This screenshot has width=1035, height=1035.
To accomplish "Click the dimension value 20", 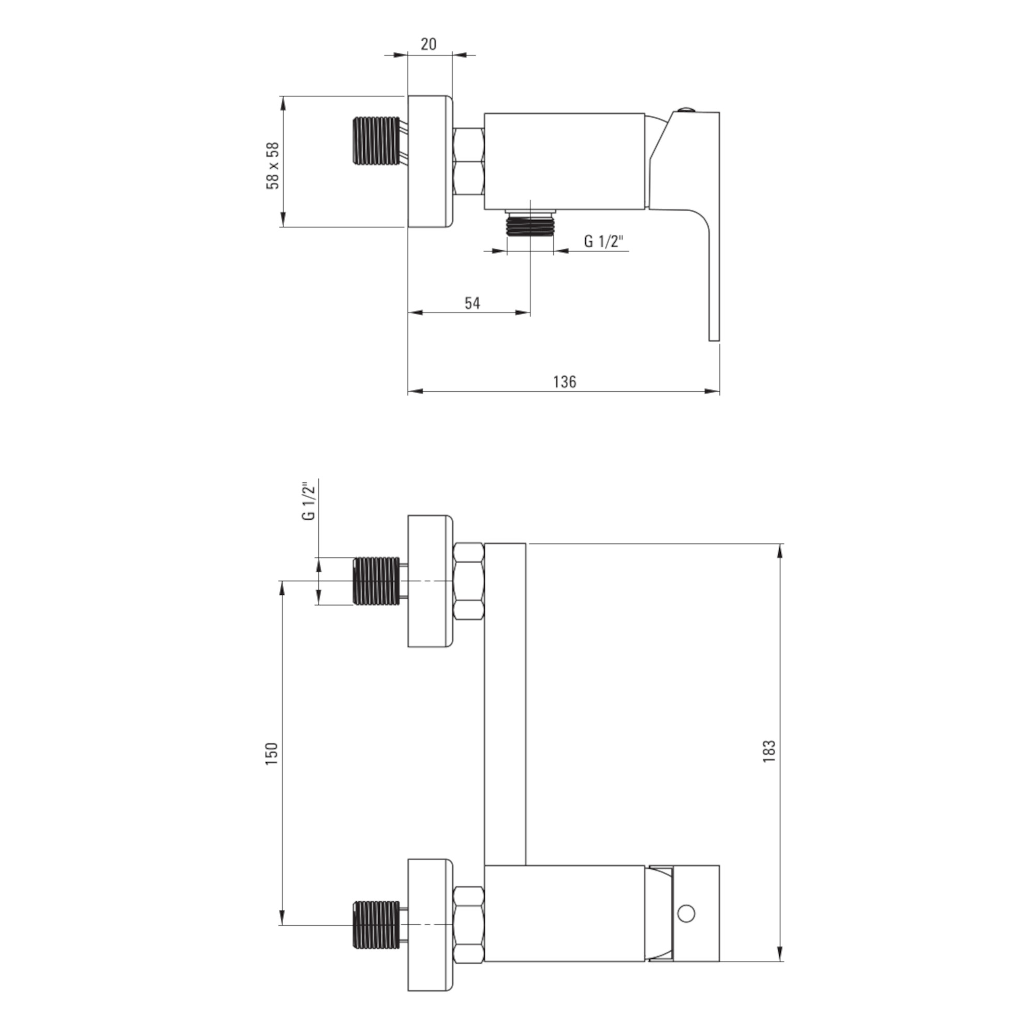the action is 428,44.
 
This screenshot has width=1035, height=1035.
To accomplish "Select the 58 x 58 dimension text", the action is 273,166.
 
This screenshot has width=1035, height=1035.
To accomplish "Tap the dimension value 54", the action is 472,303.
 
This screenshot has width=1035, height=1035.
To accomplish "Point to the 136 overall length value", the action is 565,381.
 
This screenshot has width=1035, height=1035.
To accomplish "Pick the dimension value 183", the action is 770,751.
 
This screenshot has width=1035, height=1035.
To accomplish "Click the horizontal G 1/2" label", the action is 604,242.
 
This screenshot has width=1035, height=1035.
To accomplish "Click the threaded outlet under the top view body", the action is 530,223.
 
